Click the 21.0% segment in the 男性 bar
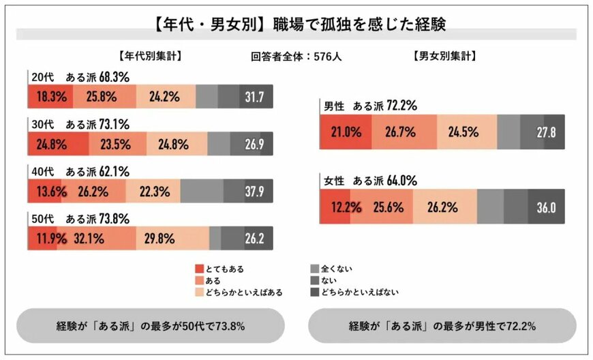(346, 132)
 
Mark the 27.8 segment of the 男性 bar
(543, 132)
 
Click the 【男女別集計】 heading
(444, 57)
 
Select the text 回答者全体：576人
(296, 57)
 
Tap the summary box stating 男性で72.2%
(442, 326)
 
